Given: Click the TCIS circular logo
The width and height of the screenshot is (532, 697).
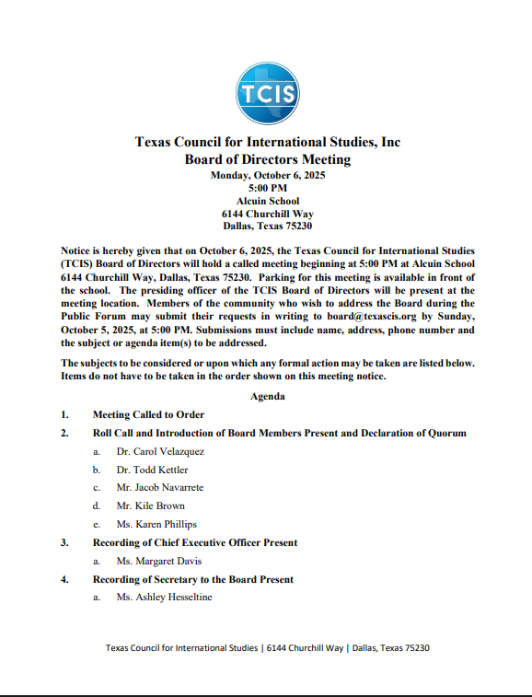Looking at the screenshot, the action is (267, 93).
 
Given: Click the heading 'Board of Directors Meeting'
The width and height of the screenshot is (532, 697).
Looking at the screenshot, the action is (267, 159).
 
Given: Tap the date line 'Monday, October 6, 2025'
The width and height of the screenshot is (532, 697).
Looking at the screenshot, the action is (267, 175).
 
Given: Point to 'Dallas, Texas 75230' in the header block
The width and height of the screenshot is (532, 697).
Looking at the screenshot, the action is (267, 226).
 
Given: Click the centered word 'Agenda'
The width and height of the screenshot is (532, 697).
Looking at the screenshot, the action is (267, 396).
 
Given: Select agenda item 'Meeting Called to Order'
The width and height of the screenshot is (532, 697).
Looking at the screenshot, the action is (148, 415).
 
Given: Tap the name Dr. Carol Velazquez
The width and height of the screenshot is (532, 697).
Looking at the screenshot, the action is (160, 451).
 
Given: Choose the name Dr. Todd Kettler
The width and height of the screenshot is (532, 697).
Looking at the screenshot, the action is (152, 470).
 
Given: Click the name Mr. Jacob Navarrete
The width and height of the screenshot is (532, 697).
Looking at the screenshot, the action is (160, 487).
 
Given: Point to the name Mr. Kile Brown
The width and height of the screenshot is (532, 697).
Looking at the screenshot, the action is (150, 505).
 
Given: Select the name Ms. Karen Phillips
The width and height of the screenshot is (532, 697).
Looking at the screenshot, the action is (156, 524).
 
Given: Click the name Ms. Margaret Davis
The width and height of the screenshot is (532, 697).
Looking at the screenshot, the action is (158, 561).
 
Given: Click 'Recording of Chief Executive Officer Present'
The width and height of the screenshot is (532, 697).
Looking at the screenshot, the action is (194, 542).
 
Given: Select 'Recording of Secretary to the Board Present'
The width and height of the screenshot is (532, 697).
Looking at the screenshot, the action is (193, 579).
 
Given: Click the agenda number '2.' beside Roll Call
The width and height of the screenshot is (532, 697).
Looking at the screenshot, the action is (65, 433).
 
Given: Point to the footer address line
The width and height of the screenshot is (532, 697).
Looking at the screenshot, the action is (267, 648).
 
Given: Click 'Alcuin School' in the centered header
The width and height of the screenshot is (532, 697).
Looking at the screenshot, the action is (267, 201).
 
